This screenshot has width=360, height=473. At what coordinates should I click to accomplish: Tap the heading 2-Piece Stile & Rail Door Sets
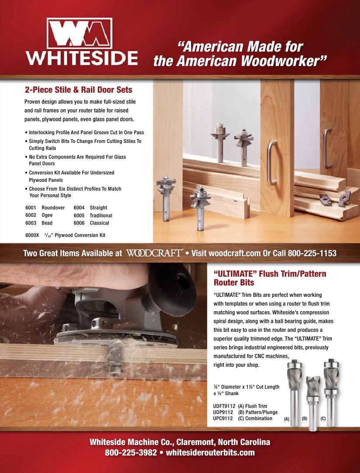[x=78, y=90]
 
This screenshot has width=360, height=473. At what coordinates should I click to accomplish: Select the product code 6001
[x=31, y=208]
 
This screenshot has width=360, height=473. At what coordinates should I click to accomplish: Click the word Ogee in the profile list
[x=47, y=216]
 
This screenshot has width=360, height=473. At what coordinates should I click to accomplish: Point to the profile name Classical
[x=99, y=223]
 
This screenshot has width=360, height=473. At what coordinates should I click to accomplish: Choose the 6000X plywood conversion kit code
[x=32, y=235]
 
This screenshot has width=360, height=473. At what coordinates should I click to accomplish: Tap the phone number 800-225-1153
[x=312, y=253]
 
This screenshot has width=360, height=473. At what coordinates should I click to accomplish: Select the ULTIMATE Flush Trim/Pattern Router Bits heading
[x=270, y=278]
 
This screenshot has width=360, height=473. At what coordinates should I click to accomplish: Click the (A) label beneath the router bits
[x=287, y=419]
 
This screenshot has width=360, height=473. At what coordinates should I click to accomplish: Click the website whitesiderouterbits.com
[x=210, y=452]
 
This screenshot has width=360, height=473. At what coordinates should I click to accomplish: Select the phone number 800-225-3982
[x=131, y=452]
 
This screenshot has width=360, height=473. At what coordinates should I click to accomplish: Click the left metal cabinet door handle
[x=271, y=162]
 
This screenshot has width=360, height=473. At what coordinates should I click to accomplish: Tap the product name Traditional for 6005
[x=101, y=216]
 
